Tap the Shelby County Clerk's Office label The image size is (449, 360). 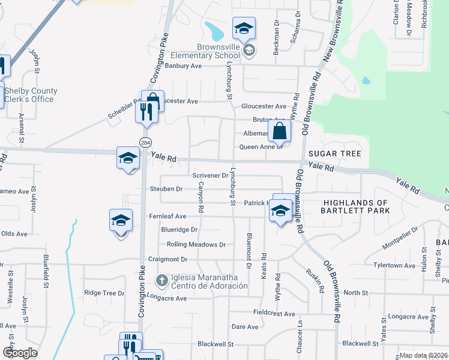click(31, 95)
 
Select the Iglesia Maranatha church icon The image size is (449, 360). click(161, 280)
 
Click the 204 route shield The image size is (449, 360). click(145, 142)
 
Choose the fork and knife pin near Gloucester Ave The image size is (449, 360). click(146, 112)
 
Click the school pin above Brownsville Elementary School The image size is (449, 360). click(244, 28)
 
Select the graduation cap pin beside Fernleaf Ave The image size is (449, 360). click(121, 221)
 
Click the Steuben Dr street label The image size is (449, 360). click(166, 189)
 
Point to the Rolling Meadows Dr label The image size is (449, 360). click(196, 245)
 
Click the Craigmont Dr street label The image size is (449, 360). click(168, 259)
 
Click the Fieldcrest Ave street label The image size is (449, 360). click(274, 314)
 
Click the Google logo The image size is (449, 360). click(20, 353)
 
